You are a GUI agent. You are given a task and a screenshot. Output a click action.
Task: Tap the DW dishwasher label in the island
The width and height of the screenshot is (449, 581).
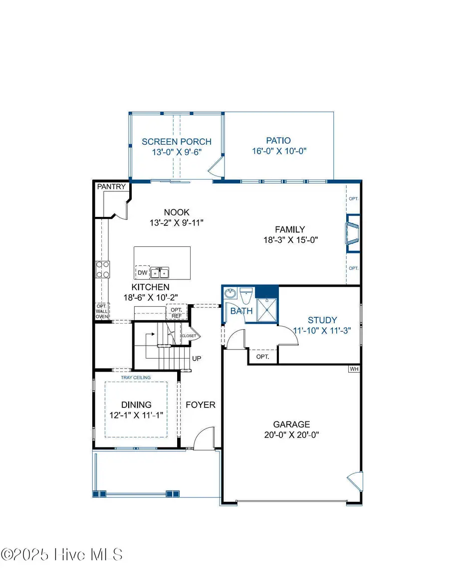click(142, 272)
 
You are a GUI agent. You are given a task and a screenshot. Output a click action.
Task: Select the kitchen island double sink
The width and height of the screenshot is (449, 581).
click(161, 272)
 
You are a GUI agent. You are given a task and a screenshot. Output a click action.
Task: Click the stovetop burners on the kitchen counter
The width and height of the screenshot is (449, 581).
click(103, 269)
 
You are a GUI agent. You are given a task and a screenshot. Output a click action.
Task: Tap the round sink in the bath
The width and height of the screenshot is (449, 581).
click(230, 294)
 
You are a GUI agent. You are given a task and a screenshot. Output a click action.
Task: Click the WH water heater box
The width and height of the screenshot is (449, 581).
click(354, 369)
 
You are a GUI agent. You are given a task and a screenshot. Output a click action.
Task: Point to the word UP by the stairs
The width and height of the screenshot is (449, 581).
click(197, 358)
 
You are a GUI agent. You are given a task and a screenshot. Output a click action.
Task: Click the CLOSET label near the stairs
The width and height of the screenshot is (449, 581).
click(189, 336)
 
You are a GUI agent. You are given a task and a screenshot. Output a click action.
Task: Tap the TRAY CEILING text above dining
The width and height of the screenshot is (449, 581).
click(136, 378)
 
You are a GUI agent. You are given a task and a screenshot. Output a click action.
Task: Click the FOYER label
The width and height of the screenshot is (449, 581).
click(201, 404)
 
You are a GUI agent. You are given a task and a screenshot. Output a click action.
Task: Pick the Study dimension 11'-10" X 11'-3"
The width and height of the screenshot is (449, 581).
click(322, 330)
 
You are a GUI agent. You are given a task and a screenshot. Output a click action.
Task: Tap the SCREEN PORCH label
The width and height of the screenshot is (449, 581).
click(177, 142)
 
